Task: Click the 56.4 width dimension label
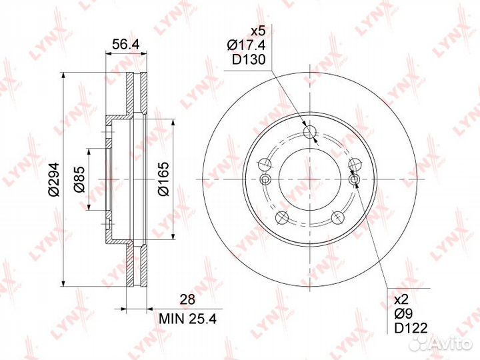[x=126, y=45]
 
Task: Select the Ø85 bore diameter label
[x=79, y=179]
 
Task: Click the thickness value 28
[x=187, y=300]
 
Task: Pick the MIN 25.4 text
[x=187, y=319]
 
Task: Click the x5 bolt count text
[x=257, y=31]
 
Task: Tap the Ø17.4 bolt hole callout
[x=246, y=45]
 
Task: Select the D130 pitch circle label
[x=248, y=60]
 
